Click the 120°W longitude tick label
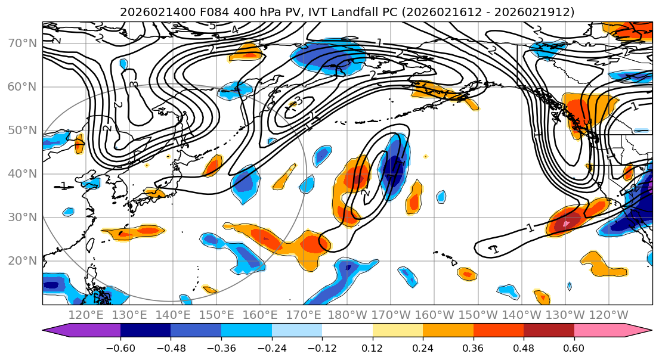[x=610, y=315]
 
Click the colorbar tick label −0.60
[x=120, y=347]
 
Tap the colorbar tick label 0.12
[x=372, y=347]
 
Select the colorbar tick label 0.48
[x=524, y=347]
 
